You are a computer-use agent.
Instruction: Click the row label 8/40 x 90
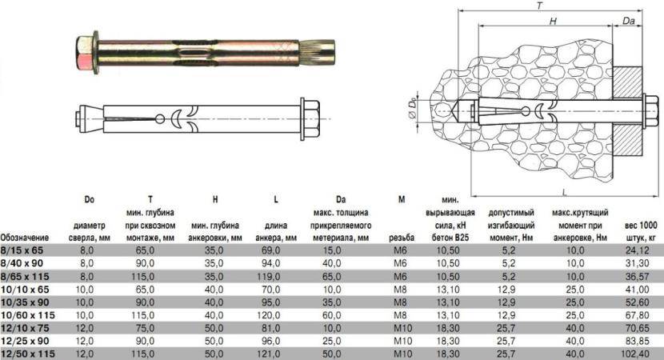pyautogui.click(x=22, y=263)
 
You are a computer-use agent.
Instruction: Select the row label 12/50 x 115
pyautogui.click(x=28, y=354)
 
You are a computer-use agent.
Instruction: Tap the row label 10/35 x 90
pyautogui.click(x=25, y=302)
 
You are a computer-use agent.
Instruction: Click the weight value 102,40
pyautogui.click(x=638, y=354)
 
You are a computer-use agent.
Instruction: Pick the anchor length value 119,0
pyautogui.click(x=269, y=277)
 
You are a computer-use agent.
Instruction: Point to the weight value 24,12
pyautogui.click(x=638, y=250)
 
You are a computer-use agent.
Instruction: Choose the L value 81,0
pyautogui.click(x=270, y=328)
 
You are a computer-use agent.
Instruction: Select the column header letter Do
pyautogui.click(x=89, y=199)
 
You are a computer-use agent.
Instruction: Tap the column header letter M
pyautogui.click(x=402, y=199)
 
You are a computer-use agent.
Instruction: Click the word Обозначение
pyautogui.click(x=25, y=238)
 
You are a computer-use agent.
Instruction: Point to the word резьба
pyautogui.click(x=402, y=238)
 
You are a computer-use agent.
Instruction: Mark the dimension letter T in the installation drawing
pyautogui.click(x=539, y=6)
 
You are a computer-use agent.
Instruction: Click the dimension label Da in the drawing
pyautogui.click(x=629, y=20)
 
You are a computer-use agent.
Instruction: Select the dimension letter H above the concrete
pyautogui.click(x=553, y=21)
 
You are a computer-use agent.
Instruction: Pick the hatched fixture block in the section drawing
pyautogui.click(x=627, y=111)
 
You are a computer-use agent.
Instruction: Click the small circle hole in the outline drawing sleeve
pyautogui.click(x=160, y=119)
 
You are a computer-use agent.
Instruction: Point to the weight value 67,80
pyautogui.click(x=638, y=315)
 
